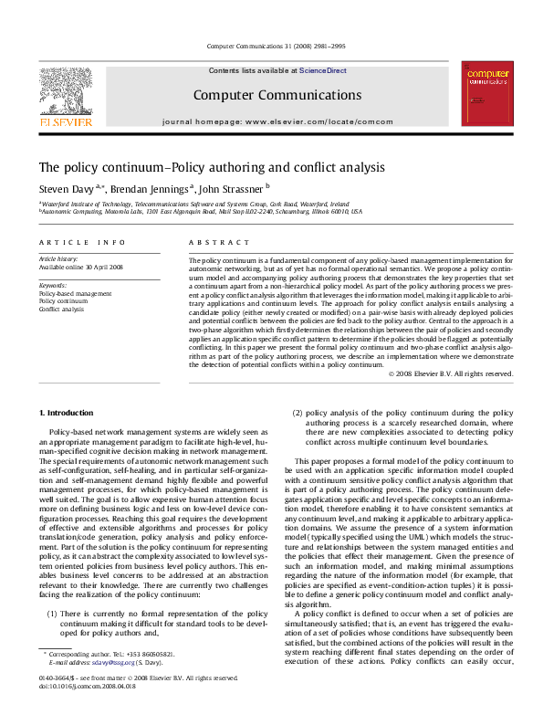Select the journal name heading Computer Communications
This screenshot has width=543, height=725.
277,94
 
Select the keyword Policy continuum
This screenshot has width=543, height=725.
63,301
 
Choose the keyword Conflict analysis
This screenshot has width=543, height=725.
62,310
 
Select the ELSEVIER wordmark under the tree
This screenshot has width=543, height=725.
64,121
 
